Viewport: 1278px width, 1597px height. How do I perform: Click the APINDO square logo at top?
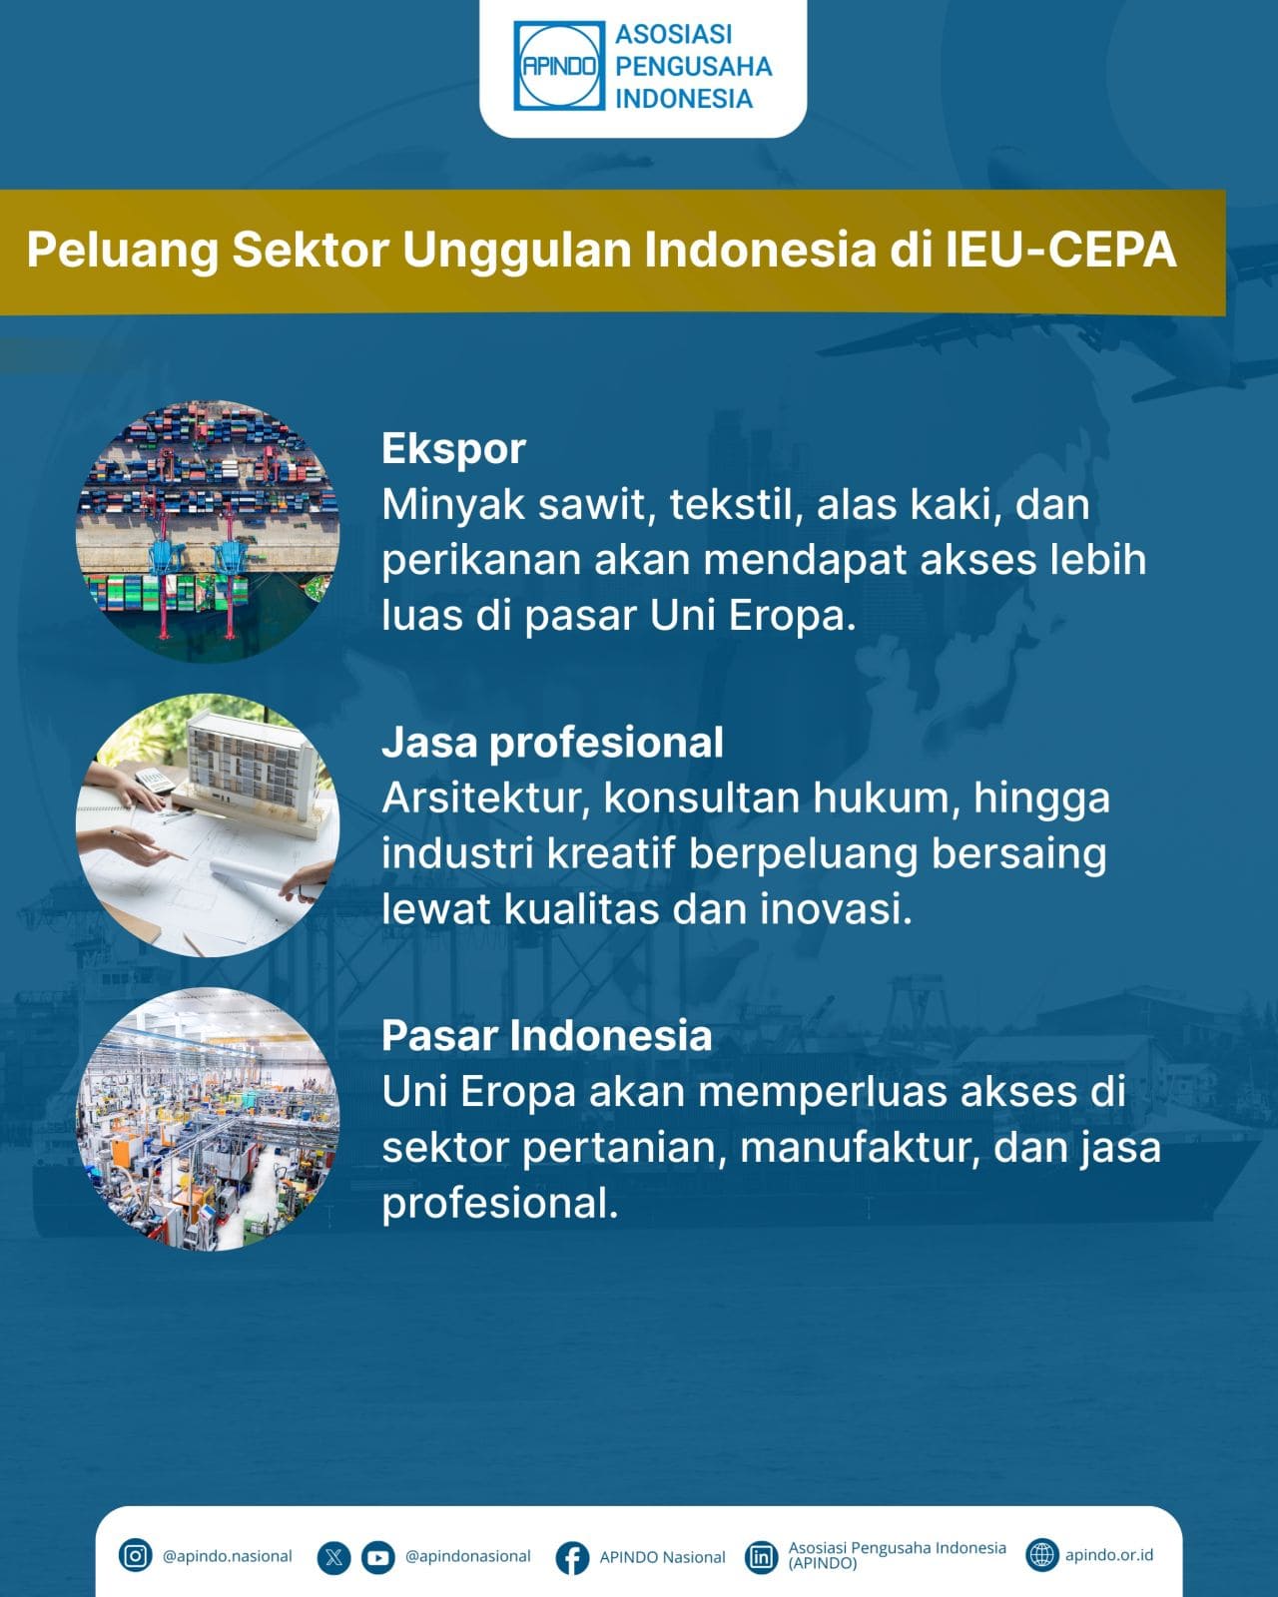[x=559, y=66]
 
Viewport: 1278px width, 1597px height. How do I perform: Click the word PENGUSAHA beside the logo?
[x=694, y=66]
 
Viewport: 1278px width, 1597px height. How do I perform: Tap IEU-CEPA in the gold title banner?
[x=1061, y=251]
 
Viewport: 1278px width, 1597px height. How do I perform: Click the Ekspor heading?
[x=453, y=450]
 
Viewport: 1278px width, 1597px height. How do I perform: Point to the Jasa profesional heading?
[x=552, y=742]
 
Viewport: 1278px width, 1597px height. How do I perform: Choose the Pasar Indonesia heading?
[x=546, y=1035]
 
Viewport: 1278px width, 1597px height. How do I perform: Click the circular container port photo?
[x=208, y=531]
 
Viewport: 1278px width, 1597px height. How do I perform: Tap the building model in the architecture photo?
[x=253, y=772]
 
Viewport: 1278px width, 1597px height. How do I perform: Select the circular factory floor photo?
[x=208, y=1119]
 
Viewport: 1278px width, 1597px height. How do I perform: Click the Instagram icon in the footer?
[x=135, y=1555]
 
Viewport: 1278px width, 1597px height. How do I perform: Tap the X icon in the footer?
[x=333, y=1557]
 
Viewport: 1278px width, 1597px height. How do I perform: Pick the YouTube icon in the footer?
[x=378, y=1557]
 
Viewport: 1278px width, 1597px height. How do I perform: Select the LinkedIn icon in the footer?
[x=761, y=1557]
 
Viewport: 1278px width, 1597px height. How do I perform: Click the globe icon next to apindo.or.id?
[x=1041, y=1555]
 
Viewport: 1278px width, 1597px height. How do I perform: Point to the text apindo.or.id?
[x=1108, y=1555]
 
